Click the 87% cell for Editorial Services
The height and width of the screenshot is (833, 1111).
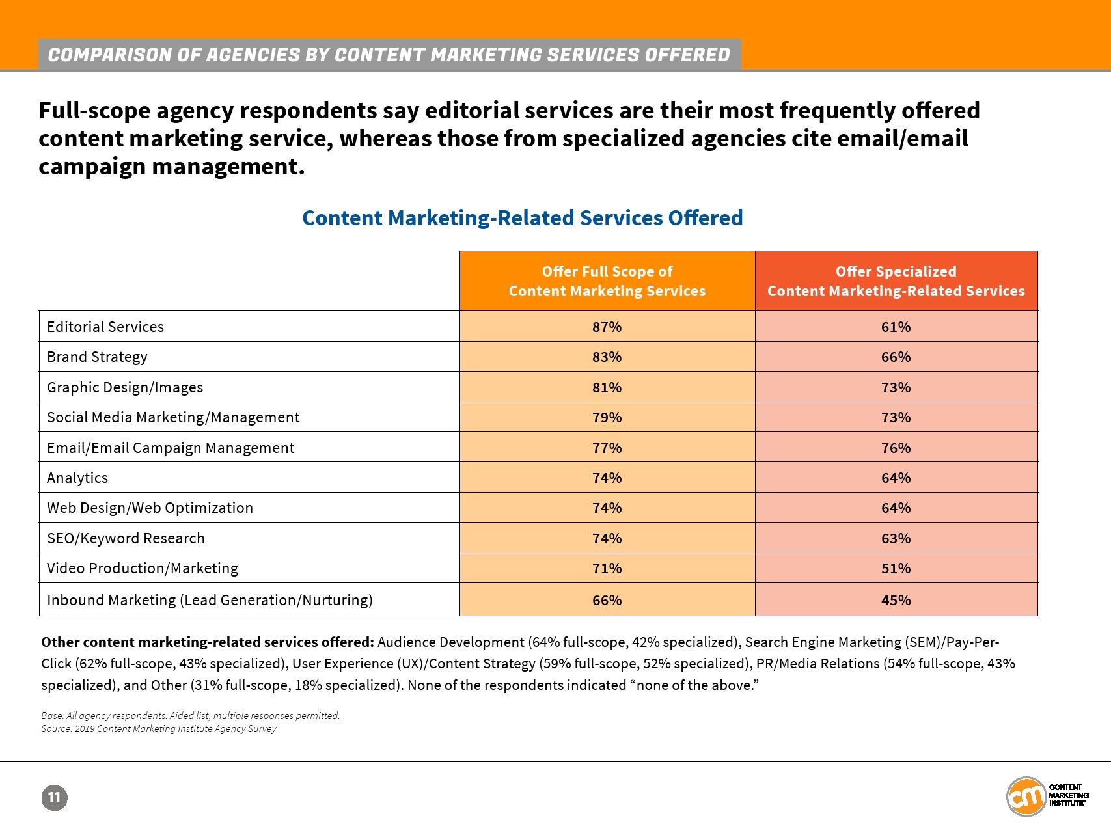pyautogui.click(x=607, y=327)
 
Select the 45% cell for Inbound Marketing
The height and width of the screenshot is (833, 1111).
pyautogui.click(x=896, y=600)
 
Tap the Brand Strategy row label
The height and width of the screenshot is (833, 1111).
pyautogui.click(x=98, y=357)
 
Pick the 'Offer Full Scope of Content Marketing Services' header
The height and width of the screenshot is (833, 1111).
pyautogui.click(x=607, y=281)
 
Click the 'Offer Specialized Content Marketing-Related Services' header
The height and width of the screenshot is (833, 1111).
pyautogui.click(x=896, y=281)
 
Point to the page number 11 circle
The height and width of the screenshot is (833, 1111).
pyautogui.click(x=55, y=798)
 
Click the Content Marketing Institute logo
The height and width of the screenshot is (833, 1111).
pyautogui.click(x=1047, y=796)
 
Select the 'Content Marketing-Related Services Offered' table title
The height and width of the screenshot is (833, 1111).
pyautogui.click(x=522, y=218)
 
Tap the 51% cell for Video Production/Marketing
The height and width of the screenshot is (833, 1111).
pyautogui.click(x=896, y=568)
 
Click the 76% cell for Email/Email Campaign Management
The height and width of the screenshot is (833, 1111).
pyautogui.click(x=896, y=448)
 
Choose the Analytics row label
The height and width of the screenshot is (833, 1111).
pyautogui.click(x=77, y=478)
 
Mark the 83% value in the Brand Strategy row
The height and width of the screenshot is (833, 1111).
pyautogui.click(x=607, y=357)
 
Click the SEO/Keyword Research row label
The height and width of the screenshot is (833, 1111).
pyautogui.click(x=126, y=538)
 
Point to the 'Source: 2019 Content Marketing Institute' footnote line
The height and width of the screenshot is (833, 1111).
pyautogui.click(x=159, y=729)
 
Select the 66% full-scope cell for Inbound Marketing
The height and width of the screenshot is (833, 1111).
pyautogui.click(x=607, y=600)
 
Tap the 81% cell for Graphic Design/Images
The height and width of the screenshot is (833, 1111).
pyautogui.click(x=607, y=387)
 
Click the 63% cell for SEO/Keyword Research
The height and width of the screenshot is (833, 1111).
pyautogui.click(x=896, y=538)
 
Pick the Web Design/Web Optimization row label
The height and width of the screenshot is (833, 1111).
pyautogui.click(x=150, y=508)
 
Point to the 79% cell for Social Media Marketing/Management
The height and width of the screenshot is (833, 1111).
pyautogui.click(x=607, y=417)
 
